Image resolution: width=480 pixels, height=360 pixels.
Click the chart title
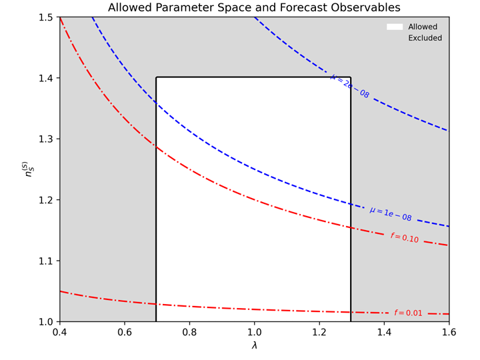tap(254, 8)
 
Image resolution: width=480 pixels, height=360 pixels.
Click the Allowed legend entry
tap(423, 27)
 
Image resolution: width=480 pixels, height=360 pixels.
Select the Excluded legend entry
tap(425, 39)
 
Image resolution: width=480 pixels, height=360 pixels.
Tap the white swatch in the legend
tap(395, 27)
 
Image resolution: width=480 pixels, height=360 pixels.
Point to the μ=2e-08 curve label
tap(350, 86)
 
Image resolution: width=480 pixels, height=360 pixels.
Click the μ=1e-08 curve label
tap(391, 214)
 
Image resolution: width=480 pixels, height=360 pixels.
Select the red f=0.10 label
tap(405, 238)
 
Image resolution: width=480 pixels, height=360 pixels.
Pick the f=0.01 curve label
tap(408, 313)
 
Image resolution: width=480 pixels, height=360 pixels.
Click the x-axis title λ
tap(254, 346)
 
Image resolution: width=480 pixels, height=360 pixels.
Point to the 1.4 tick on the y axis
tap(45, 78)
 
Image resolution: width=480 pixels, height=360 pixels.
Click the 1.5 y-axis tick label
tap(45, 17)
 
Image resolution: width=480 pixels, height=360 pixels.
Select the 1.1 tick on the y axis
tap(45, 261)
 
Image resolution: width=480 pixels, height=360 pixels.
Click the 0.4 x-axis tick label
tap(60, 332)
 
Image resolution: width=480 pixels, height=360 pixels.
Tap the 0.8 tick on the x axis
tap(189, 332)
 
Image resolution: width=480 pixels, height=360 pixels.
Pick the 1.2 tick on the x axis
tap(319, 332)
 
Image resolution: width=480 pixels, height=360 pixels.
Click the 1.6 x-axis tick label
tap(449, 332)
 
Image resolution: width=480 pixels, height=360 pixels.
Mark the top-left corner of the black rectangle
tap(157, 77)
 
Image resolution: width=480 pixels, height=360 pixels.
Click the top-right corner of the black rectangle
tap(351, 77)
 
